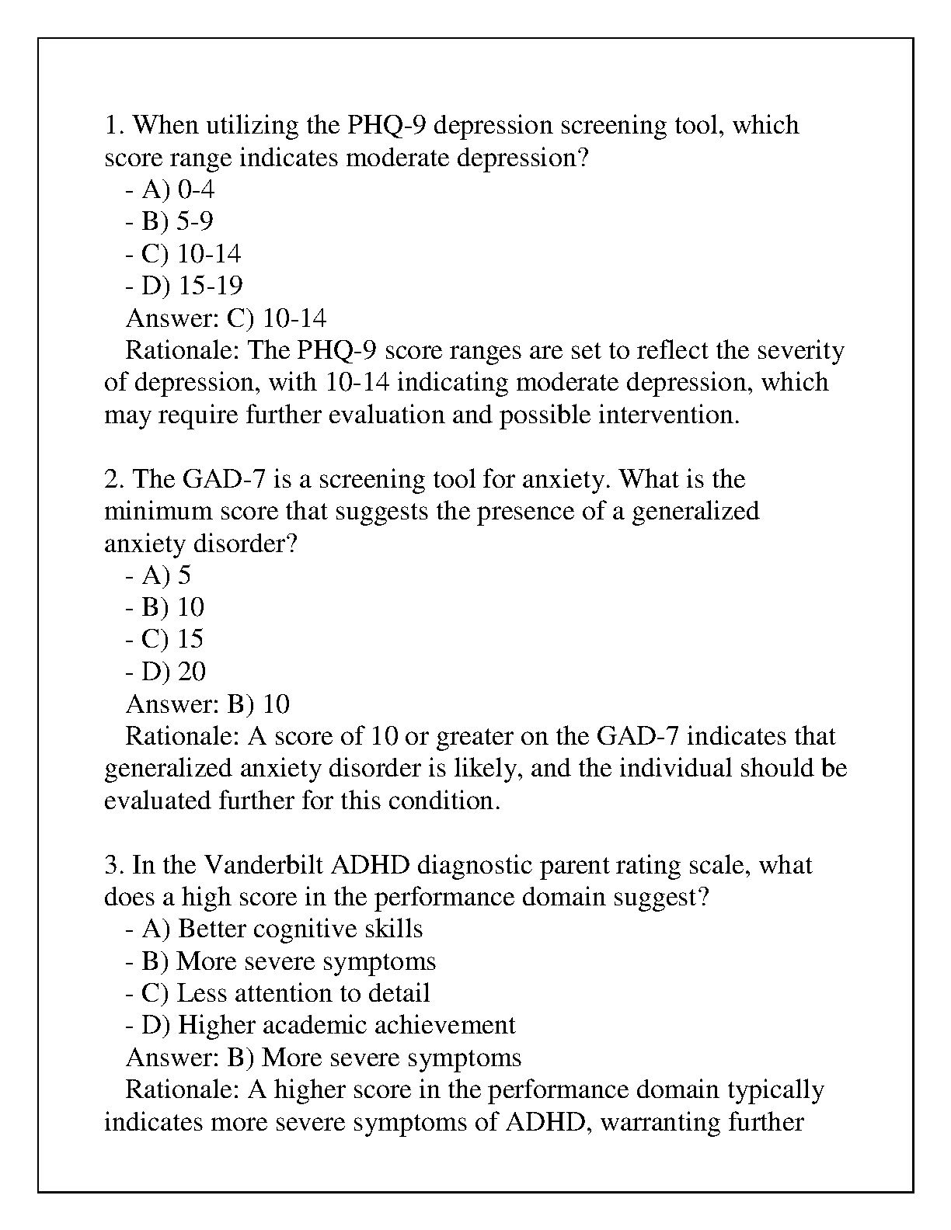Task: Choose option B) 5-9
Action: click(169, 222)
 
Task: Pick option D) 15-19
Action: click(184, 286)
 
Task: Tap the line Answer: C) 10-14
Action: click(226, 318)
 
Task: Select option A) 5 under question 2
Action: click(158, 575)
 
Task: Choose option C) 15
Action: click(164, 639)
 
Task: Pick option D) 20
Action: click(165, 672)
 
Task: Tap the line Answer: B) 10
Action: click(207, 704)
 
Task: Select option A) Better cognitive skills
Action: click(273, 929)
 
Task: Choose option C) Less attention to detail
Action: click(277, 993)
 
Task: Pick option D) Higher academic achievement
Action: click(320, 1025)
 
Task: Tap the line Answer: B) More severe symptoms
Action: click(323, 1058)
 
